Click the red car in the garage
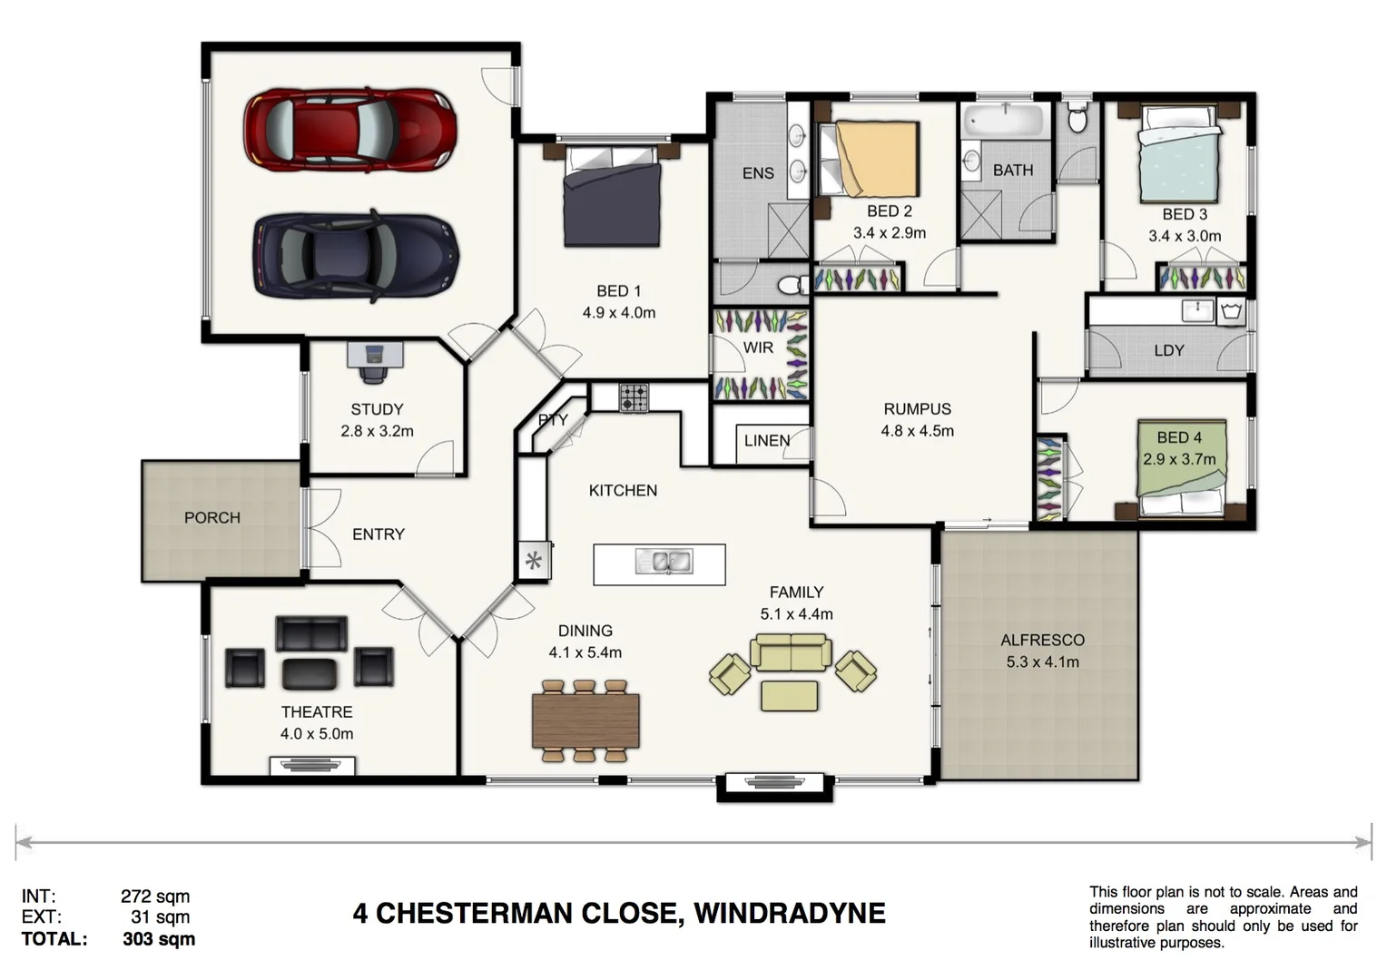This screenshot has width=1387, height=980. [x=349, y=130]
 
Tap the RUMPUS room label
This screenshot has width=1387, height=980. [x=917, y=409]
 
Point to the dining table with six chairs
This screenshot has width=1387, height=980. [x=585, y=720]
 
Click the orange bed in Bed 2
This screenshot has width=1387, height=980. [x=877, y=159]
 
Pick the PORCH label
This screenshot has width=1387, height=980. [x=212, y=517]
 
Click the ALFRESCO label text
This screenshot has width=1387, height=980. [x=1042, y=640]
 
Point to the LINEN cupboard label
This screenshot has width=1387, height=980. [x=767, y=441]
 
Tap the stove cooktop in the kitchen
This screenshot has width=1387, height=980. [x=634, y=397]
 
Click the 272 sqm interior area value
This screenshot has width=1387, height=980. [x=155, y=897]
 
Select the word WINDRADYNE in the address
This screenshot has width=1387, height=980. [x=789, y=913]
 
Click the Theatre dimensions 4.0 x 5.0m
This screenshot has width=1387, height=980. [x=317, y=733]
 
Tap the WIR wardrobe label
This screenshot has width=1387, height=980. [x=758, y=348]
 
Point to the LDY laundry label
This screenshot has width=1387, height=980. [x=1168, y=350]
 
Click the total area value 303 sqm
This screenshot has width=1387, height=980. [x=159, y=939]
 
